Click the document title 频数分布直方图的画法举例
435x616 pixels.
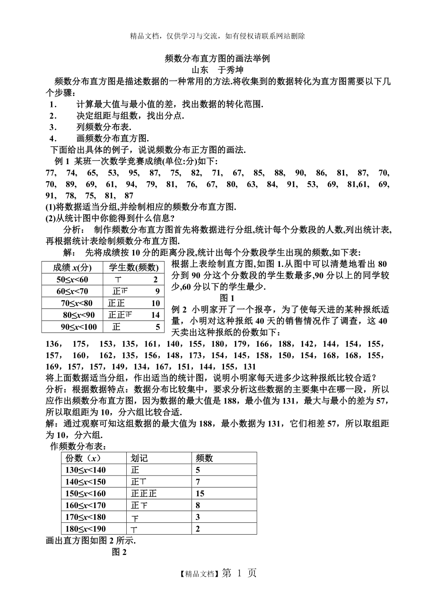click(x=217, y=59)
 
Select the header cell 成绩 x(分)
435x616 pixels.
click(x=72, y=267)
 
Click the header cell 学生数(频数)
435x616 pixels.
click(x=134, y=267)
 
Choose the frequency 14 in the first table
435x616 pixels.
click(x=156, y=315)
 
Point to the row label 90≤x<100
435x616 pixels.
click(x=78, y=327)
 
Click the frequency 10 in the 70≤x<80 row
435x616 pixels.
click(x=156, y=303)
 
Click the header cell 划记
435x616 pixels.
click(x=139, y=458)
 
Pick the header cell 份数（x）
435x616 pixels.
click(x=83, y=458)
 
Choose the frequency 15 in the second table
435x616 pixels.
click(x=200, y=493)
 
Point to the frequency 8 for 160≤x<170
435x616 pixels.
click(x=198, y=505)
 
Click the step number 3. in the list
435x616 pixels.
click(x=53, y=127)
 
